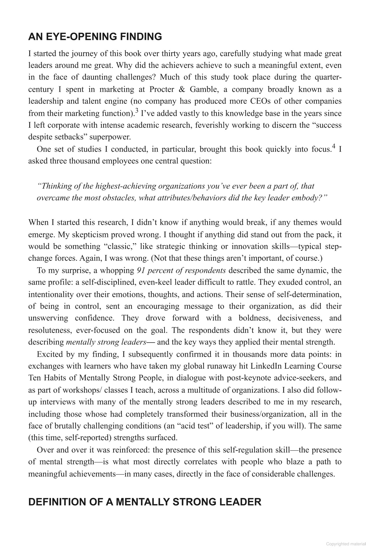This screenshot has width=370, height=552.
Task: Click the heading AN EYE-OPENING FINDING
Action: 95,37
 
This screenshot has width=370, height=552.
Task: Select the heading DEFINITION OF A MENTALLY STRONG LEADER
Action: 145,502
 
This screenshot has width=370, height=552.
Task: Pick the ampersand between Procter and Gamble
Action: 182,89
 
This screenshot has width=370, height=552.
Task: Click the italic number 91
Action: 141,270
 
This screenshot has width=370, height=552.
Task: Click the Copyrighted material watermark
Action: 346,544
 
